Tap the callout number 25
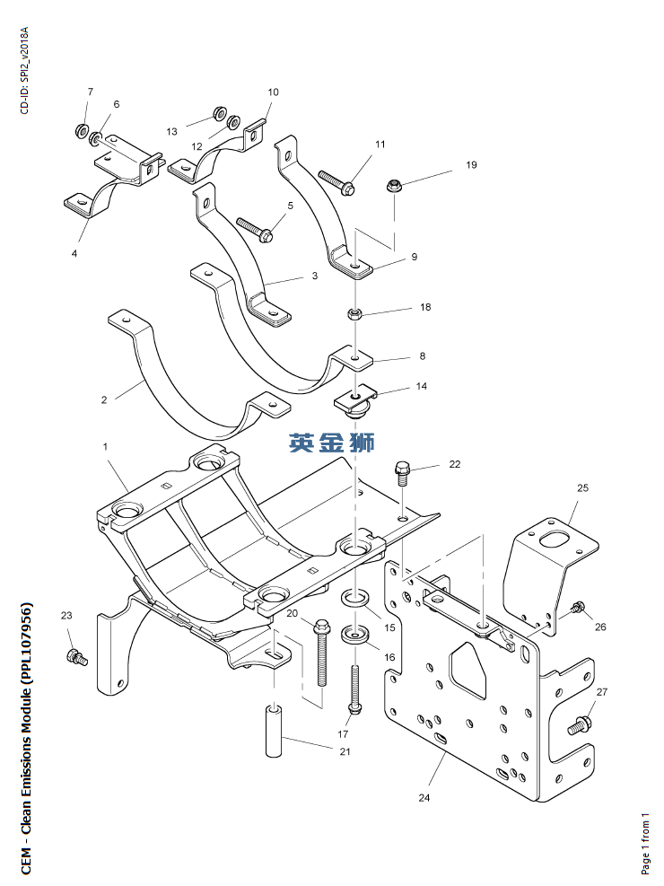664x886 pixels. pos(582,488)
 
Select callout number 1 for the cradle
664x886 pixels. pos(105,446)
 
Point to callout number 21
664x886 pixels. pos(345,751)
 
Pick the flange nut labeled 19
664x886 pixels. pos(392,186)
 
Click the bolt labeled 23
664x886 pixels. pos(76,657)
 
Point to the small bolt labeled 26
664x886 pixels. pos(578,608)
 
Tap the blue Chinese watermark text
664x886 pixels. pos(332,441)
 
